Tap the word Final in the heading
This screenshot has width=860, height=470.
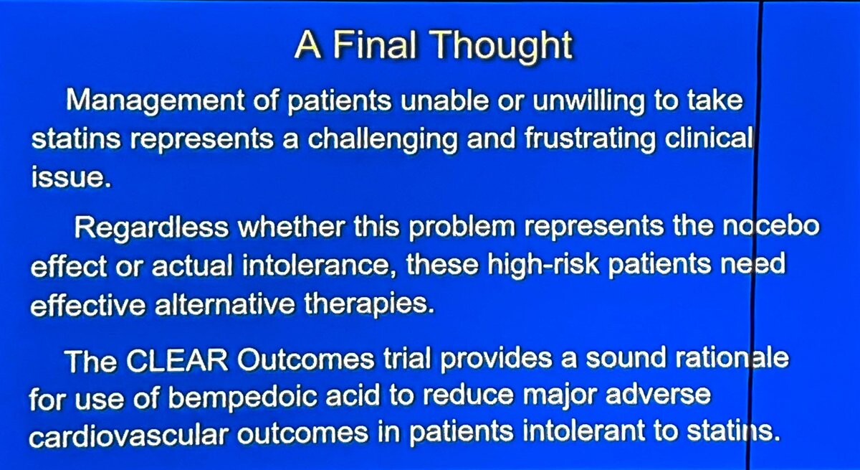(x=374, y=45)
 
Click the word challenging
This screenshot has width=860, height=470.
(x=383, y=140)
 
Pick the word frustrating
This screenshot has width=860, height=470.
(x=590, y=140)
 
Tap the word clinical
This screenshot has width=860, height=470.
(x=708, y=138)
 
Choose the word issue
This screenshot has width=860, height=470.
(x=71, y=177)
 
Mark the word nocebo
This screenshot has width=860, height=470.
(x=771, y=226)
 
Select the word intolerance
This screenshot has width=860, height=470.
(x=316, y=265)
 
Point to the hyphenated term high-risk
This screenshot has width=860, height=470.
(x=543, y=265)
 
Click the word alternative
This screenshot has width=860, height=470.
(x=224, y=304)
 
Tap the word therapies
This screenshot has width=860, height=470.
(x=369, y=305)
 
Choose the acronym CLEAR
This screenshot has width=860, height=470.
(x=177, y=360)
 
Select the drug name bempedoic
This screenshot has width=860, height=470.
(x=243, y=398)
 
